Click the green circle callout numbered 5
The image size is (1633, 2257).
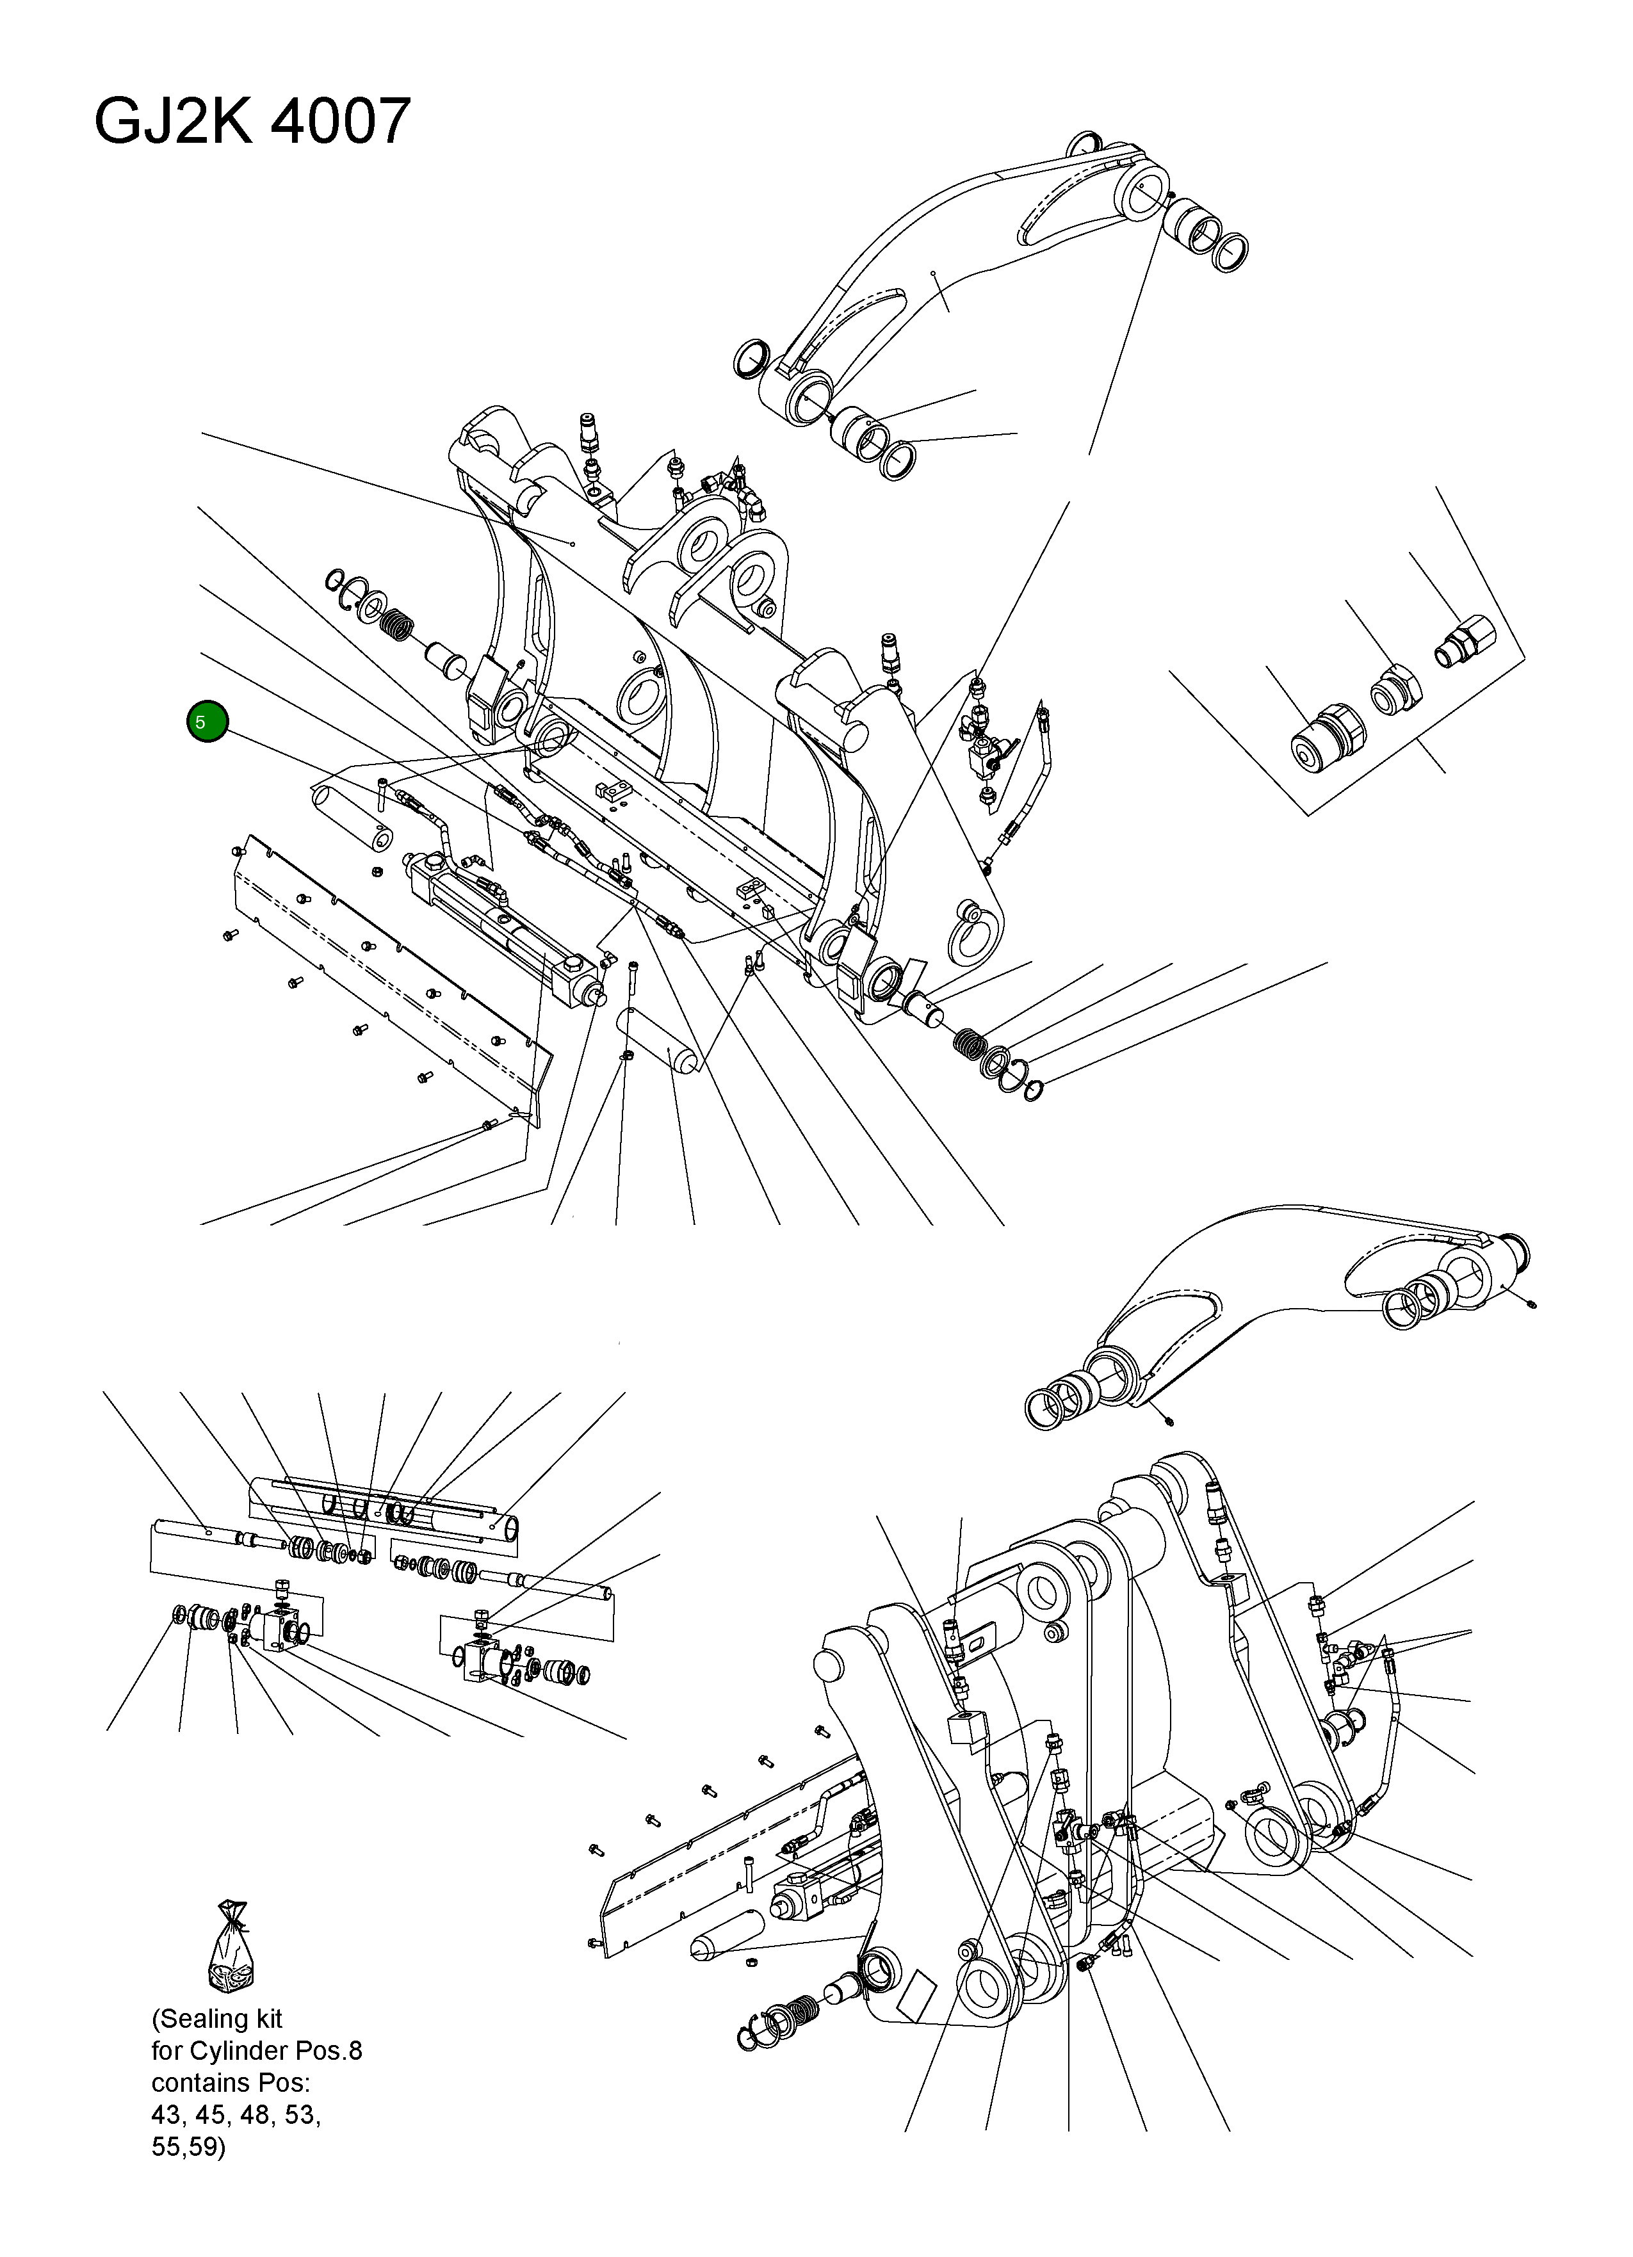coord(207,722)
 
